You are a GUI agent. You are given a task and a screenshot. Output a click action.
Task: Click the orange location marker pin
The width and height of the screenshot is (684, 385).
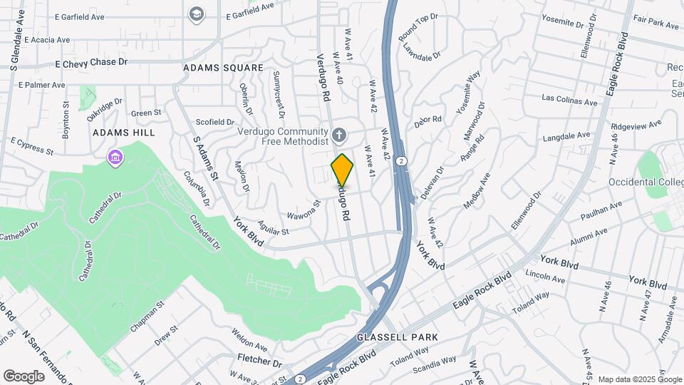click(343, 169)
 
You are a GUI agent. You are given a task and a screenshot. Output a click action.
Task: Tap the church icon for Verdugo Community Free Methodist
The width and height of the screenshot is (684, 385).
click(340, 134)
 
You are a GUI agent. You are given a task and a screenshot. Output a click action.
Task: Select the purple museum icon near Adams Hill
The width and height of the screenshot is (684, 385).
click(113, 157)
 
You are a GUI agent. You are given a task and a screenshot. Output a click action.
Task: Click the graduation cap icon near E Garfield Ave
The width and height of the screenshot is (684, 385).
click(195, 14)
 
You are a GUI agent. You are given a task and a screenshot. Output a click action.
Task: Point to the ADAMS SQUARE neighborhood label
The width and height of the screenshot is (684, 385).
click(223, 68)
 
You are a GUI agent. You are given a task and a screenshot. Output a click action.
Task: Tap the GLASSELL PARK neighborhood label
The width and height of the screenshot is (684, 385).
click(398, 337)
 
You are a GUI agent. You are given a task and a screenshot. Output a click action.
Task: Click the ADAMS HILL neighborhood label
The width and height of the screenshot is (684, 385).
click(124, 133)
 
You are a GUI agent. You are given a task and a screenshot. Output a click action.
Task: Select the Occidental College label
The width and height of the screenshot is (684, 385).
click(646, 183)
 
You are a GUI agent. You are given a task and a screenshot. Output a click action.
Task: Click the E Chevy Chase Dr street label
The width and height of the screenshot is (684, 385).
click(91, 63)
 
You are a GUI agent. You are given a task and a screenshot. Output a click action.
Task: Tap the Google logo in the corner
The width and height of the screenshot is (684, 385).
click(24, 376)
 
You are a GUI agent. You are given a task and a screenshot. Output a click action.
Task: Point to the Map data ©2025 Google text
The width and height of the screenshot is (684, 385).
click(639, 379)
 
